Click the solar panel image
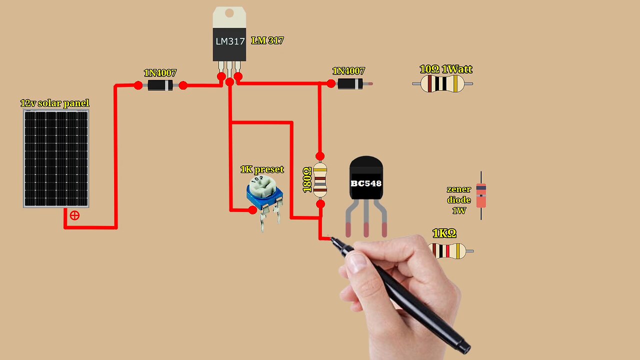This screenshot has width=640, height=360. [56, 158]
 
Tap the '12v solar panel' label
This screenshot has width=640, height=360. [55, 103]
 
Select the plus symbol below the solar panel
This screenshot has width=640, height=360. [74, 215]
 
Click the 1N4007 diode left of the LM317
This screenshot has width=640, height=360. [160, 85]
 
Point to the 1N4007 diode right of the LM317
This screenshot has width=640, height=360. [350, 83]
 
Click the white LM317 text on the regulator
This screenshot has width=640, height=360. [229, 41]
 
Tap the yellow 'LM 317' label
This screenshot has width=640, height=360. [267, 41]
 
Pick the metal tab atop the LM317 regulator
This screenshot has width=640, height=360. [229, 16]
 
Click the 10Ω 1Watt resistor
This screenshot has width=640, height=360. [442, 84]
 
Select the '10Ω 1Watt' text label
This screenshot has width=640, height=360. [446, 69]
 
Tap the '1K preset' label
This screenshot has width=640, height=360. [262, 169]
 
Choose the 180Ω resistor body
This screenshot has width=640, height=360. [320, 180]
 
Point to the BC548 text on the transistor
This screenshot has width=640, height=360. [366, 183]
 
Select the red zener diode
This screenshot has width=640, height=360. [481, 195]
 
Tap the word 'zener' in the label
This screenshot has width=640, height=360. [459, 189]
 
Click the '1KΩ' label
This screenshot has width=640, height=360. [444, 233]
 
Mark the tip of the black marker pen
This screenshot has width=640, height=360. [330, 238]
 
